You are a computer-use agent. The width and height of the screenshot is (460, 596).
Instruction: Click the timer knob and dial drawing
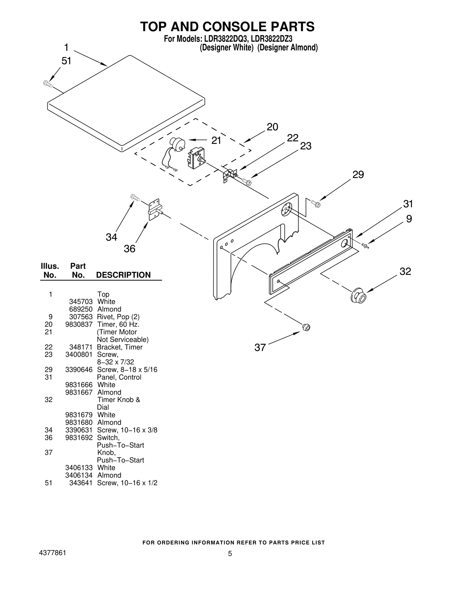pyautogui.click(x=359, y=295)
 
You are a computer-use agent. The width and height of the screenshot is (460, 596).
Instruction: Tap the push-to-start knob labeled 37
pyautogui.click(x=306, y=327)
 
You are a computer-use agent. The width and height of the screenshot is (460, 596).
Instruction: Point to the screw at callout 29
pyautogui.click(x=316, y=204)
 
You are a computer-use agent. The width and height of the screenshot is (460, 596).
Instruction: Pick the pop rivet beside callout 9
pyautogui.click(x=365, y=245)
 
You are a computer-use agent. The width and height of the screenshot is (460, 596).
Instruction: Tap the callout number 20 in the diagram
pyautogui.click(x=272, y=127)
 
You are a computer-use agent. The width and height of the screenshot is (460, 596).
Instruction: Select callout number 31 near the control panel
pyautogui.click(x=408, y=204)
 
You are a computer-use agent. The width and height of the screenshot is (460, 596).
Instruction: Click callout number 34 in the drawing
pyautogui.click(x=111, y=237)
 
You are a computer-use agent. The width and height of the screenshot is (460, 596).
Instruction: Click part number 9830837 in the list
pyautogui.click(x=79, y=324)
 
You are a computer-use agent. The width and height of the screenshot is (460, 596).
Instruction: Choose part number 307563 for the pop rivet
pyautogui.click(x=81, y=317)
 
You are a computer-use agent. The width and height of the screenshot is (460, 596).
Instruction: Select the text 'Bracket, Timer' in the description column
pyautogui.click(x=120, y=347)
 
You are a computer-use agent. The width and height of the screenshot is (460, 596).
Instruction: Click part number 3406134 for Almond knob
pyautogui.click(x=79, y=475)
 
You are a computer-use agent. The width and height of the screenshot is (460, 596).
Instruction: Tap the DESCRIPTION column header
pyautogui.click(x=123, y=275)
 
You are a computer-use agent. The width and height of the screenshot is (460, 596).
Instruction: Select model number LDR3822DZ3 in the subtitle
pyautogui.click(x=272, y=39)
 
